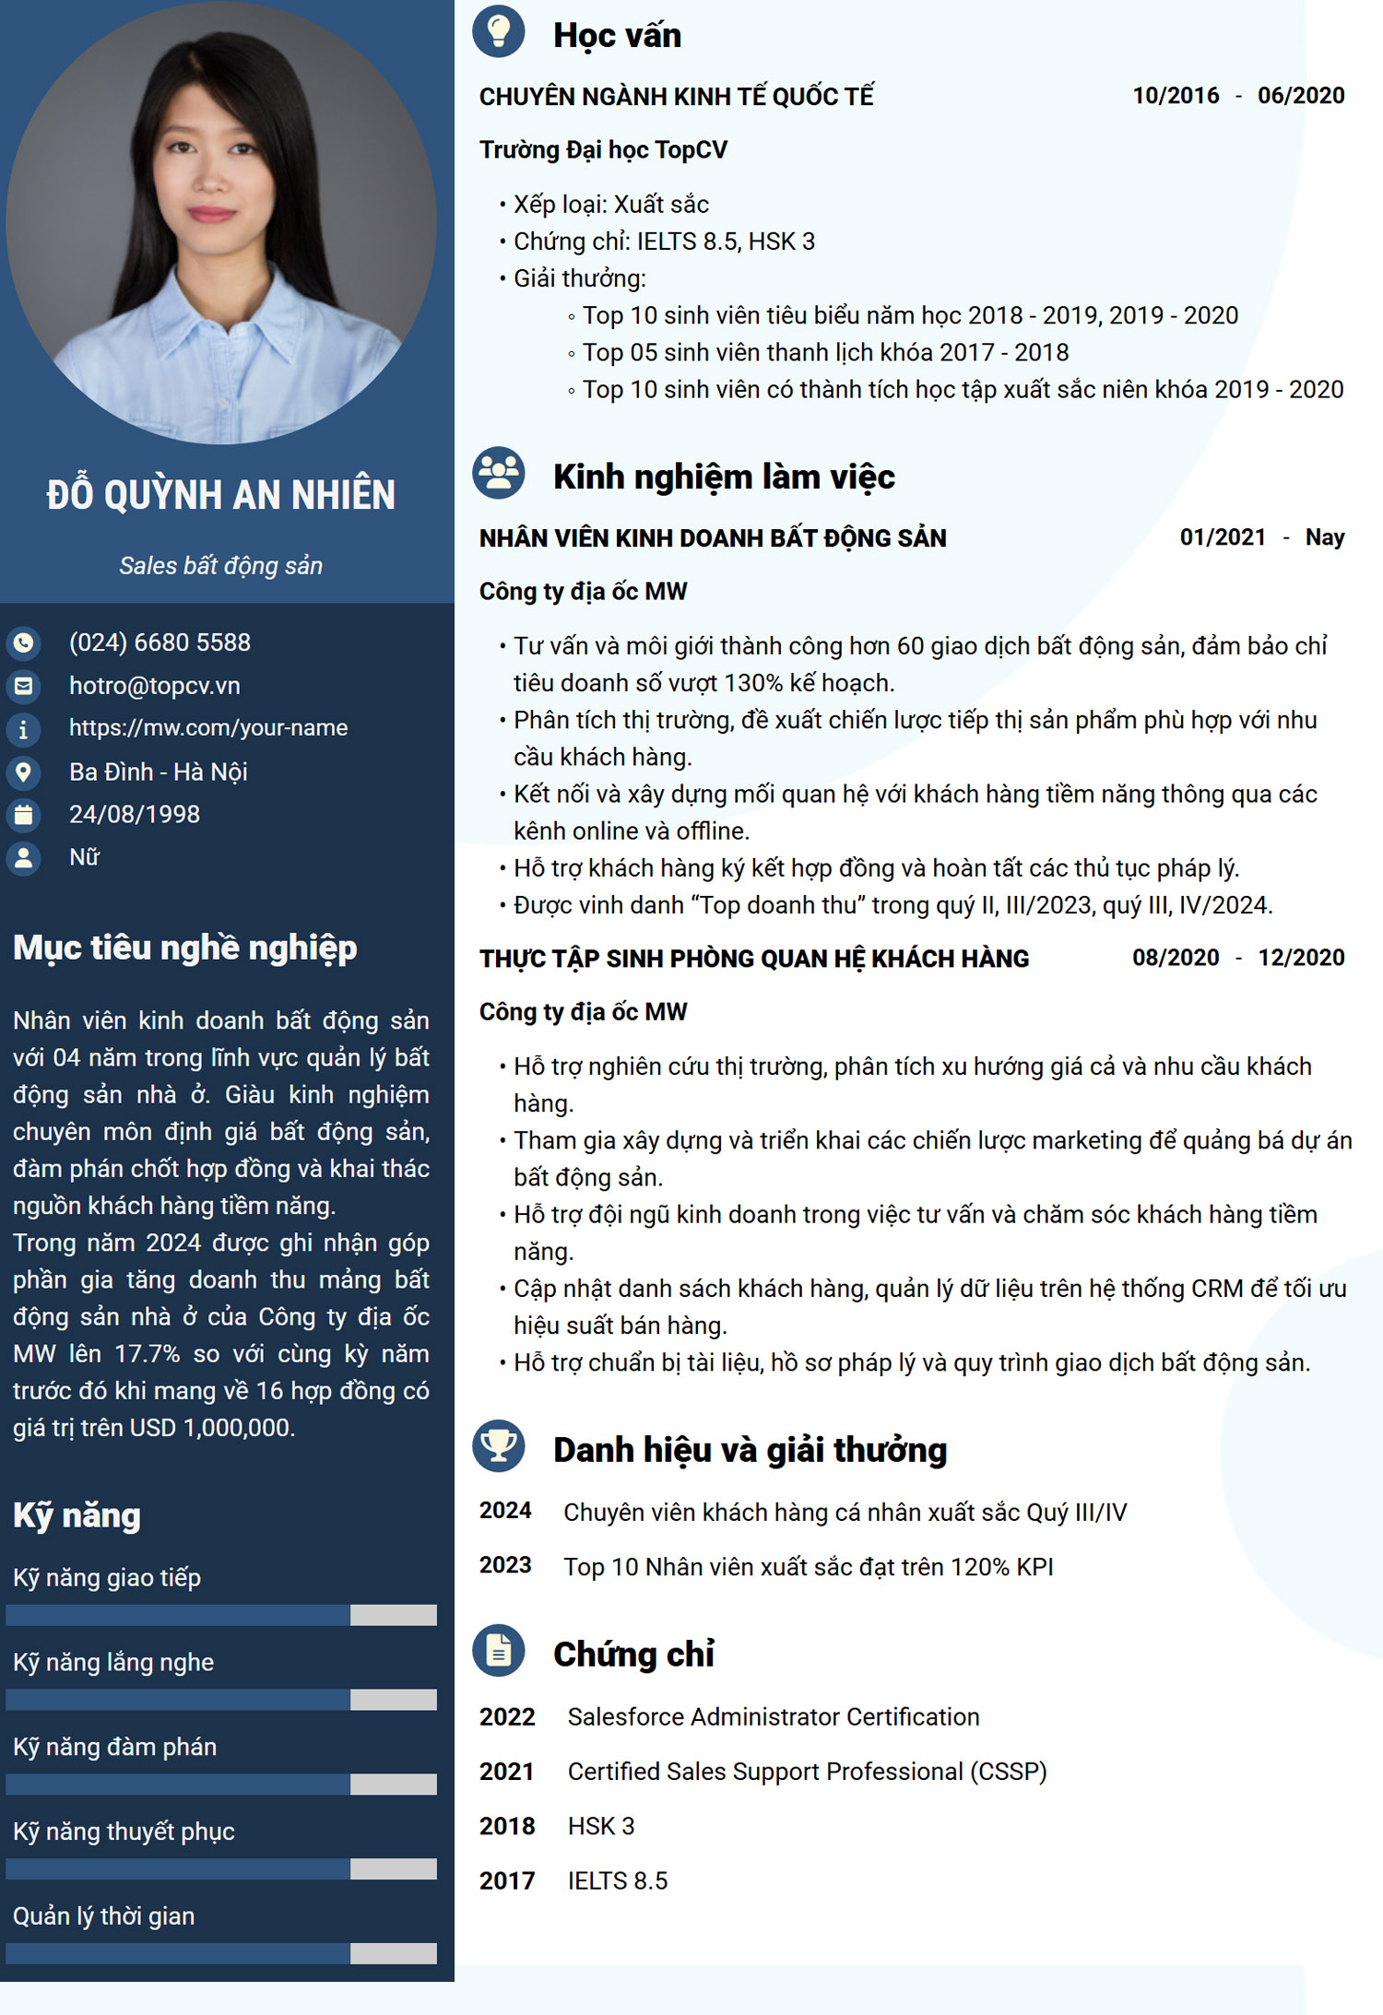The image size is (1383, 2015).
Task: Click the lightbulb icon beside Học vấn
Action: pyautogui.click(x=498, y=32)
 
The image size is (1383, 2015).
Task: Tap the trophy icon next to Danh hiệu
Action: pyautogui.click(x=498, y=1445)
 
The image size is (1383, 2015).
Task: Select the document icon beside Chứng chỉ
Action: pyautogui.click(x=498, y=1650)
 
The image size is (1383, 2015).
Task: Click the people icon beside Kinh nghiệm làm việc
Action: pyautogui.click(x=498, y=473)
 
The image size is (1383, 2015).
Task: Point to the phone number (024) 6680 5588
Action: pyautogui.click(x=160, y=642)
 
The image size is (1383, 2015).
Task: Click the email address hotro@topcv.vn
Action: pyautogui.click(x=154, y=686)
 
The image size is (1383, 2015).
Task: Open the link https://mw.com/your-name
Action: pyautogui.click(x=208, y=728)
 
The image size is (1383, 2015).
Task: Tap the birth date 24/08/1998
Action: pyautogui.click(x=135, y=815)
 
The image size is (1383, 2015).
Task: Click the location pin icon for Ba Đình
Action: pyautogui.click(x=24, y=772)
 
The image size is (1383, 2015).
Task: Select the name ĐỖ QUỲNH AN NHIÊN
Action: pyautogui.click(x=221, y=495)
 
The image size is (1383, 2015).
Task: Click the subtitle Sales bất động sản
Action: pyautogui.click(x=221, y=566)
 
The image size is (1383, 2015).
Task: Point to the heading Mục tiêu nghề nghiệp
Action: pyautogui.click(x=184, y=949)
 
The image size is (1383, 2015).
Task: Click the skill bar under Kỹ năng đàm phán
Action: pyautogui.click(x=221, y=1785)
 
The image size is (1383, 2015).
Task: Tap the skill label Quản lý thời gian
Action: pyautogui.click(x=103, y=1916)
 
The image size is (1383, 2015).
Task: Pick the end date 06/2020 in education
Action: pyautogui.click(x=1301, y=96)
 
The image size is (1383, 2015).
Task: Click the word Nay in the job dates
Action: pyautogui.click(x=1324, y=537)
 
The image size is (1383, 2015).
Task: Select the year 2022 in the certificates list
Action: pyautogui.click(x=507, y=1717)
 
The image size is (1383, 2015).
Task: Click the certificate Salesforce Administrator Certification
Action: pyautogui.click(x=774, y=1717)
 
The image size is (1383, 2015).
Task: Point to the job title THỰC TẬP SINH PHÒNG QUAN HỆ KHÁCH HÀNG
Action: pyautogui.click(x=753, y=959)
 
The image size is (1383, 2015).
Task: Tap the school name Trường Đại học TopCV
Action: pyautogui.click(x=603, y=150)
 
